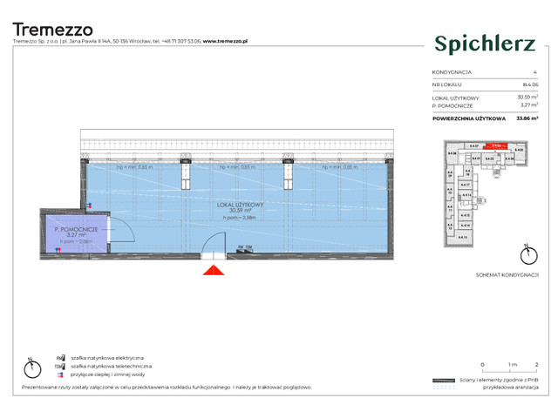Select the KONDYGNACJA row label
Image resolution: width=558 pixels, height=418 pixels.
click(453, 71)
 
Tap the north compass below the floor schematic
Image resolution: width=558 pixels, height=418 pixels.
click(526, 255)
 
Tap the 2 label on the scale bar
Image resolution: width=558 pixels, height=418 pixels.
click(536, 365)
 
